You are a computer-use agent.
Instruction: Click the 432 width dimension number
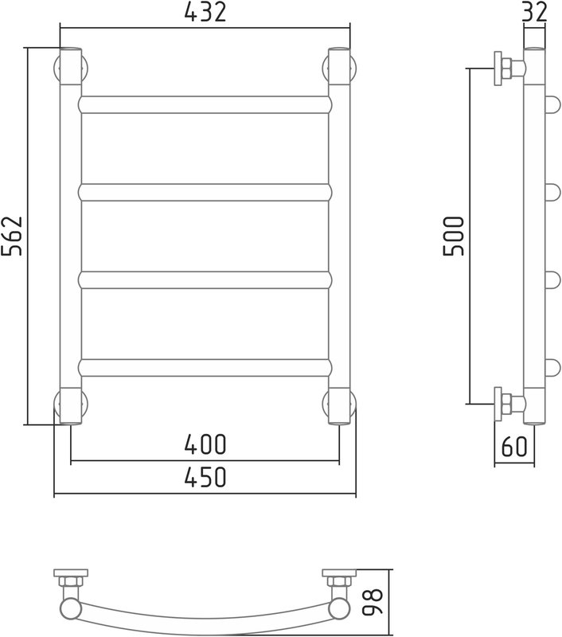(x=205, y=12)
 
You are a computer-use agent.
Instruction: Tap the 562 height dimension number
(x=12, y=236)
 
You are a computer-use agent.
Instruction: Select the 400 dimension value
(x=205, y=444)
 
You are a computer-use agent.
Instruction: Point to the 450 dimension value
(x=205, y=477)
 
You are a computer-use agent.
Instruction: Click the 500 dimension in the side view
(x=453, y=236)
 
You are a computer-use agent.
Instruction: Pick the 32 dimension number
(x=534, y=12)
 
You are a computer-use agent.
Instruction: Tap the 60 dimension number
(x=514, y=447)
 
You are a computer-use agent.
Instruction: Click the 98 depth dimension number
(x=373, y=603)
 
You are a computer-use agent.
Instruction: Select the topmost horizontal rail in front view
(x=205, y=104)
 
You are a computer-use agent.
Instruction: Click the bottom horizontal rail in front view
(x=205, y=367)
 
